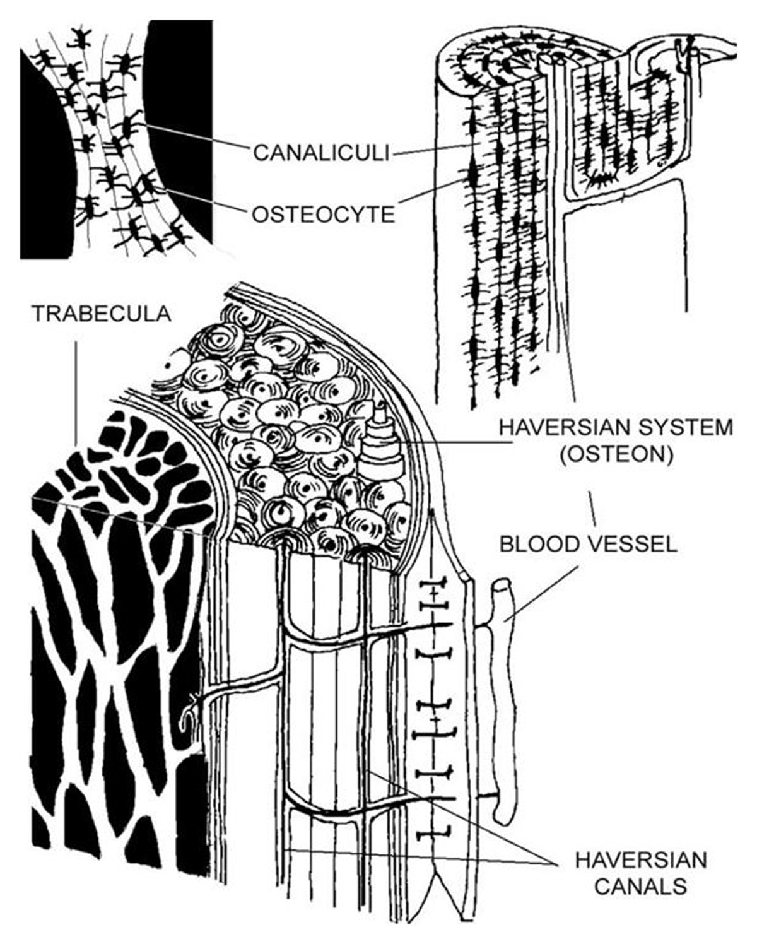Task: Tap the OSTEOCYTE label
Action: click(x=323, y=215)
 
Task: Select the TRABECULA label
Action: click(x=102, y=314)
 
